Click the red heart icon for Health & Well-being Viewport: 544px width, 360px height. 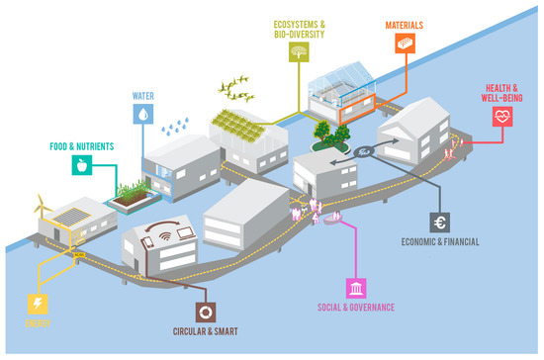coord(504,118)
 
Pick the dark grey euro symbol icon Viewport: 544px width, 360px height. coord(440,224)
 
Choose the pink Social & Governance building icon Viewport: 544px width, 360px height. coord(354,288)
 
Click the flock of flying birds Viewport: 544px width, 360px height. coord(238,90)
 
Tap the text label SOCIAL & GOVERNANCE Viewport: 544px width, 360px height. coord(354,308)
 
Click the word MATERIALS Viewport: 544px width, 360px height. coord(404,22)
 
